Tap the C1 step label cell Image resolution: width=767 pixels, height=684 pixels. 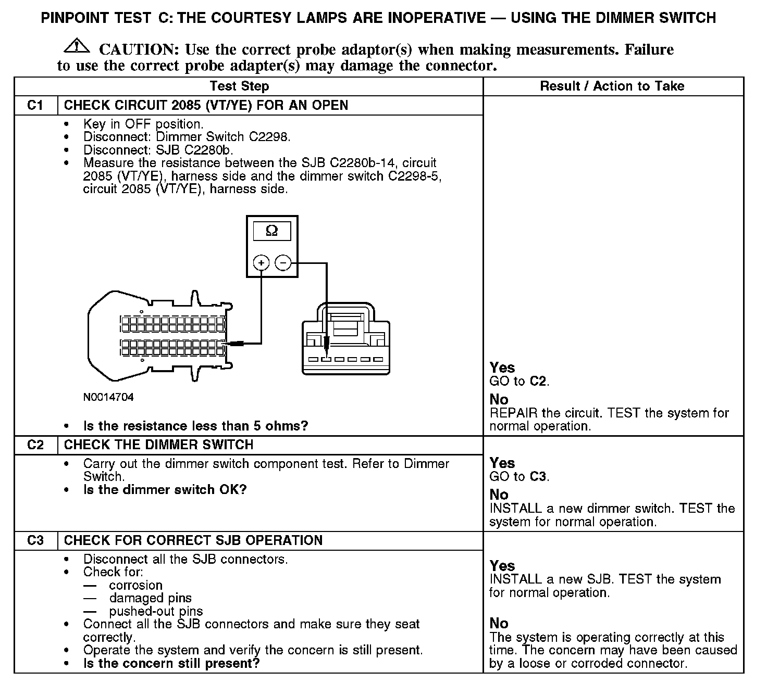pyautogui.click(x=35, y=105)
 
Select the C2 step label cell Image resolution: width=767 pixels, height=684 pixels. pyautogui.click(x=35, y=445)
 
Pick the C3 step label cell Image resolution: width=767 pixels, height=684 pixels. pyautogui.click(x=35, y=540)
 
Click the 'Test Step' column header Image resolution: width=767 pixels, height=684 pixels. pyautogui.click(x=239, y=86)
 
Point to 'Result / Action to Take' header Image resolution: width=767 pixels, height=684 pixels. pyautogui.click(x=612, y=86)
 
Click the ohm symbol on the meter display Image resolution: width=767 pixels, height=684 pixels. pyautogui.click(x=272, y=231)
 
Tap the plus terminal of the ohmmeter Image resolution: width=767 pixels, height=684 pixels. pyautogui.click(x=261, y=263)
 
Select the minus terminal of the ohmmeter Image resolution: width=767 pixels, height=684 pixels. pyautogui.click(x=283, y=263)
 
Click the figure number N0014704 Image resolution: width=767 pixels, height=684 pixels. pyautogui.click(x=108, y=397)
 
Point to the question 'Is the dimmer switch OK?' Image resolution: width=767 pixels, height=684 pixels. pyautogui.click(x=165, y=490)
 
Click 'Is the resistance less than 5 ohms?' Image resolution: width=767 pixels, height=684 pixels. pyautogui.click(x=195, y=426)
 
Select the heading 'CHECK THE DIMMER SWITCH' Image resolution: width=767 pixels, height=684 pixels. pyautogui.click(x=158, y=445)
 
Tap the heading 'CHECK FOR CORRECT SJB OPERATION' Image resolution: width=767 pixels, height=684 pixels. pyautogui.click(x=193, y=540)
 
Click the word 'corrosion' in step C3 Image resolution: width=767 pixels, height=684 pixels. pyautogui.click(x=135, y=585)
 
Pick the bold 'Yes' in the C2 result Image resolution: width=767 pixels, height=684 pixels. pyautogui.click(x=502, y=463)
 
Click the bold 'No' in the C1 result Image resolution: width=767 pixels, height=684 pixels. pyautogui.click(x=499, y=399)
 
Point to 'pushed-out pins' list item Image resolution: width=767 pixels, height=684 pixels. pyautogui.click(x=156, y=611)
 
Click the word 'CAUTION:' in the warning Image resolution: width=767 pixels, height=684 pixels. pyautogui.click(x=139, y=50)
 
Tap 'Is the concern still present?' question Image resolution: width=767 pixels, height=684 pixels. pyautogui.click(x=171, y=663)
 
